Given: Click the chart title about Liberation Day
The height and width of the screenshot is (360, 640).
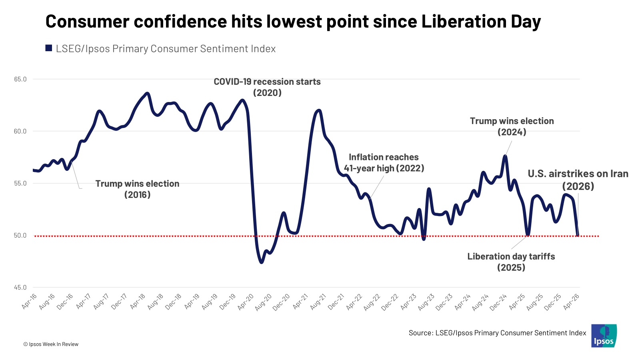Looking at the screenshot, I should click(x=293, y=22).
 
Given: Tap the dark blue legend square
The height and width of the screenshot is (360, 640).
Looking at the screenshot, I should click(x=49, y=48).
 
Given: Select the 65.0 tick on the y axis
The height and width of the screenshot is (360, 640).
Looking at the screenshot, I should click(x=20, y=79).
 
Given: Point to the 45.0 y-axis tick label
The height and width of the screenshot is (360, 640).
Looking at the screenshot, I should click(x=20, y=287).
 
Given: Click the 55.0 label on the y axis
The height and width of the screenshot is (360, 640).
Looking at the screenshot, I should click(x=20, y=183).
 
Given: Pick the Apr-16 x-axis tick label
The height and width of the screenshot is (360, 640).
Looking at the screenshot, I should click(x=30, y=301).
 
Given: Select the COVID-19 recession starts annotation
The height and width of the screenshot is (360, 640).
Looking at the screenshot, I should click(x=267, y=87).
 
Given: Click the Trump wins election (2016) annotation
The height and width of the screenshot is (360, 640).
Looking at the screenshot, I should click(x=137, y=189).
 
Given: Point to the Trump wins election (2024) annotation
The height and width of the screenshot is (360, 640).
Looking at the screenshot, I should click(x=512, y=126).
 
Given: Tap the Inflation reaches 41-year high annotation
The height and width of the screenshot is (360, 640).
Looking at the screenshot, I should click(x=384, y=163).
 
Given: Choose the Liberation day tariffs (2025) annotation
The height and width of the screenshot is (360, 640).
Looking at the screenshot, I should click(x=511, y=262).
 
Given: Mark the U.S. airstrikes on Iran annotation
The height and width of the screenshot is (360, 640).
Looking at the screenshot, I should click(x=578, y=180).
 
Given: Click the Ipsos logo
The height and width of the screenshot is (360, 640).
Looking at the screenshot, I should click(x=604, y=336).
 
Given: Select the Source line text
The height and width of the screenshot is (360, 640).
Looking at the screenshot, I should click(x=497, y=333).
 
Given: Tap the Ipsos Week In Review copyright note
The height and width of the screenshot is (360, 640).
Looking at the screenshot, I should click(x=51, y=344).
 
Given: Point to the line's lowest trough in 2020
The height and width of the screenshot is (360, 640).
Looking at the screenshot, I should click(x=261, y=262).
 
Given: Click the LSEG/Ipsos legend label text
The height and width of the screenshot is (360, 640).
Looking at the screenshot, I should click(x=166, y=49).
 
